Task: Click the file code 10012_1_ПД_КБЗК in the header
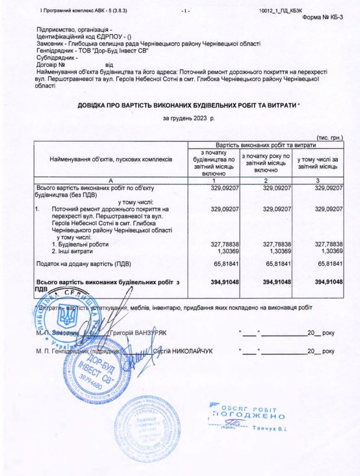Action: pyautogui.click(x=278, y=10)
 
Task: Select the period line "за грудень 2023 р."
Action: pyautogui.click(x=189, y=119)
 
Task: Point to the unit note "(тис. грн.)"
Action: pyautogui.click(x=329, y=138)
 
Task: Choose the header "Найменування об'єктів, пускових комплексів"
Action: pyautogui.click(x=111, y=159)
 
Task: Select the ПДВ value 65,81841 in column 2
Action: pyautogui.click(x=277, y=264)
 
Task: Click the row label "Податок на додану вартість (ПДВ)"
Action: pyautogui.click(x=84, y=264)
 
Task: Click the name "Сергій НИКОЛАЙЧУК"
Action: pyautogui.click(x=183, y=351)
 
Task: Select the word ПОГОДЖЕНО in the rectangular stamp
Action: pyautogui.click(x=249, y=415)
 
